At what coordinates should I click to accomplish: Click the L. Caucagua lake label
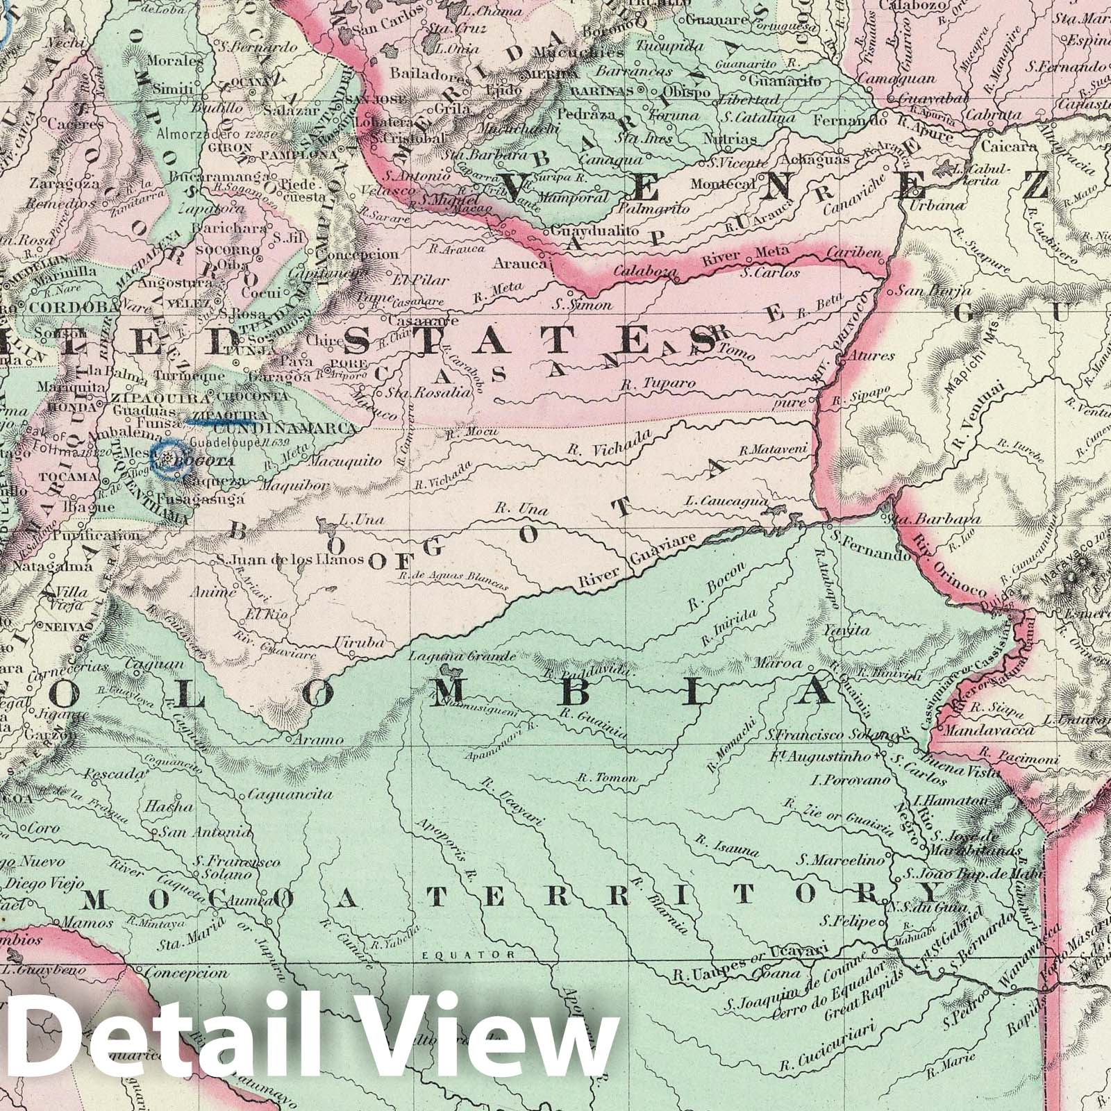point(726,501)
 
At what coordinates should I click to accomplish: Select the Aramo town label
point(318,740)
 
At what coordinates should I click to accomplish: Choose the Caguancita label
point(281,794)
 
